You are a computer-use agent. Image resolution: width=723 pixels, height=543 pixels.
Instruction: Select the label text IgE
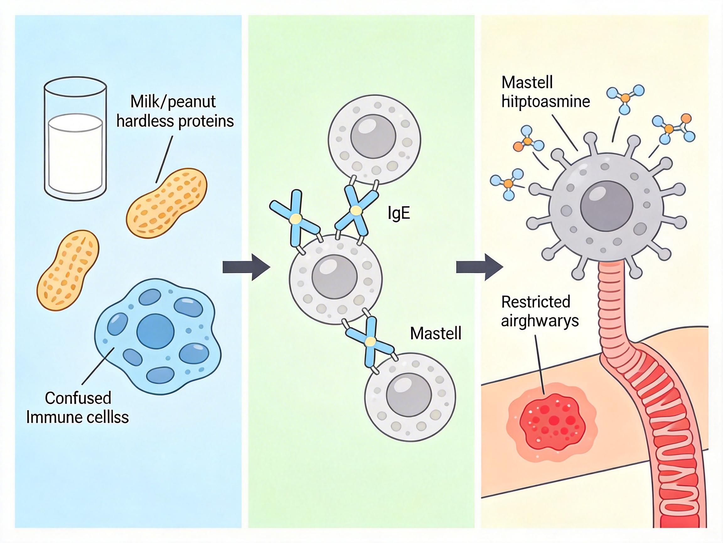tap(399, 213)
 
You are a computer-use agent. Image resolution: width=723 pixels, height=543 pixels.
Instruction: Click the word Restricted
tap(536, 302)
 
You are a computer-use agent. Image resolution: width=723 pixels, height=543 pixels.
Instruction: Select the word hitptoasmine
tap(545, 101)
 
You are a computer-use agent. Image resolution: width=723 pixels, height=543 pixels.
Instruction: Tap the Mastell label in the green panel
tap(436, 333)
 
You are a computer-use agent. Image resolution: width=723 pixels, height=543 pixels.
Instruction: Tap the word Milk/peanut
tap(173, 102)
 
